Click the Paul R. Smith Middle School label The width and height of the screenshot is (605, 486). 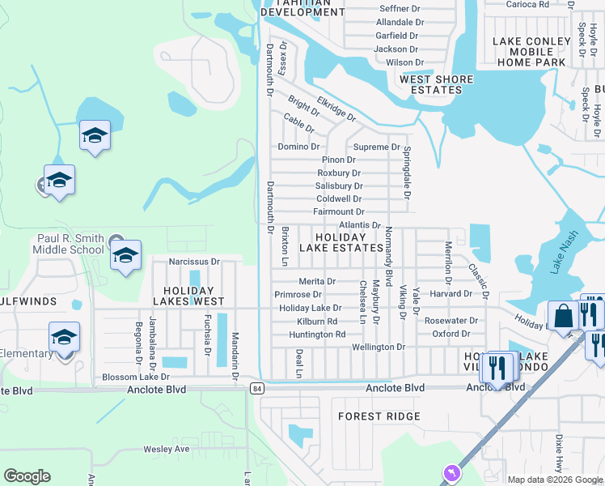pyautogui.click(x=70, y=244)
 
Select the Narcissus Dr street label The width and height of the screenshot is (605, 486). pyautogui.click(x=194, y=262)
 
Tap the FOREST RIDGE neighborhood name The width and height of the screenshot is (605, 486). pyautogui.click(x=379, y=416)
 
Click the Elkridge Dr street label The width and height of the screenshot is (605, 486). pyautogui.click(x=336, y=109)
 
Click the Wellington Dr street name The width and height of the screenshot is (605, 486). pyautogui.click(x=378, y=347)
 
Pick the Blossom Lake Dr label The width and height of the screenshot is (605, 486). pyautogui.click(x=136, y=377)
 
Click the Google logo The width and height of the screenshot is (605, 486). pyautogui.click(x=27, y=476)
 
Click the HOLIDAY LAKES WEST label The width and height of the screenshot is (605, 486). pyautogui.click(x=188, y=295)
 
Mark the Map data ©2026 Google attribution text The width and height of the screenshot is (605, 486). pyautogui.click(x=554, y=480)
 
